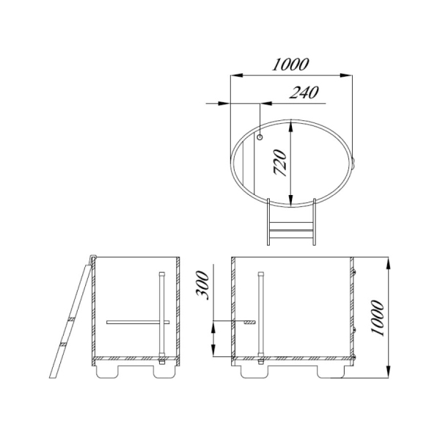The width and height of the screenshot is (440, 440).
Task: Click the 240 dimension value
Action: (x=304, y=92)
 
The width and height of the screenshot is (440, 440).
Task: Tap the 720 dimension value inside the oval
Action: (x=280, y=163)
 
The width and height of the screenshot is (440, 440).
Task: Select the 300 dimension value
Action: (x=202, y=285)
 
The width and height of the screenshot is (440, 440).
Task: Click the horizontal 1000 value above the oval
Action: (x=290, y=64)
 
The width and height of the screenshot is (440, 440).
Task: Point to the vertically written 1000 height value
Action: (x=377, y=318)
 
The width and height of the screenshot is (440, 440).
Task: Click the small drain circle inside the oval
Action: (x=260, y=137)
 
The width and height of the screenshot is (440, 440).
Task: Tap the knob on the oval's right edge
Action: (x=353, y=163)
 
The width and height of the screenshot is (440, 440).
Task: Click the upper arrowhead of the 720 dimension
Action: (x=291, y=125)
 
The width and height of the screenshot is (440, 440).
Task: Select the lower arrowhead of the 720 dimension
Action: (x=291, y=201)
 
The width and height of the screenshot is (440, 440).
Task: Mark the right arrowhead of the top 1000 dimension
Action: (x=345, y=76)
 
